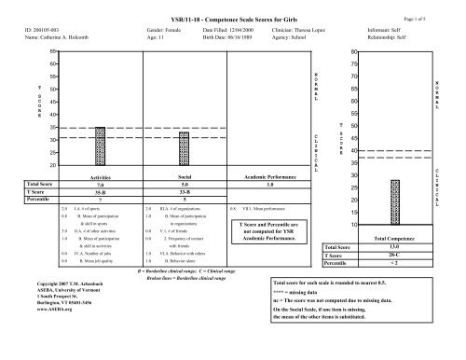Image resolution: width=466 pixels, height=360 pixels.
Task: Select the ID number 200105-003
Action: [x=43, y=30]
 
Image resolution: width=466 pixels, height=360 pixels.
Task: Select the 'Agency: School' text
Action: [x=288, y=38]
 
